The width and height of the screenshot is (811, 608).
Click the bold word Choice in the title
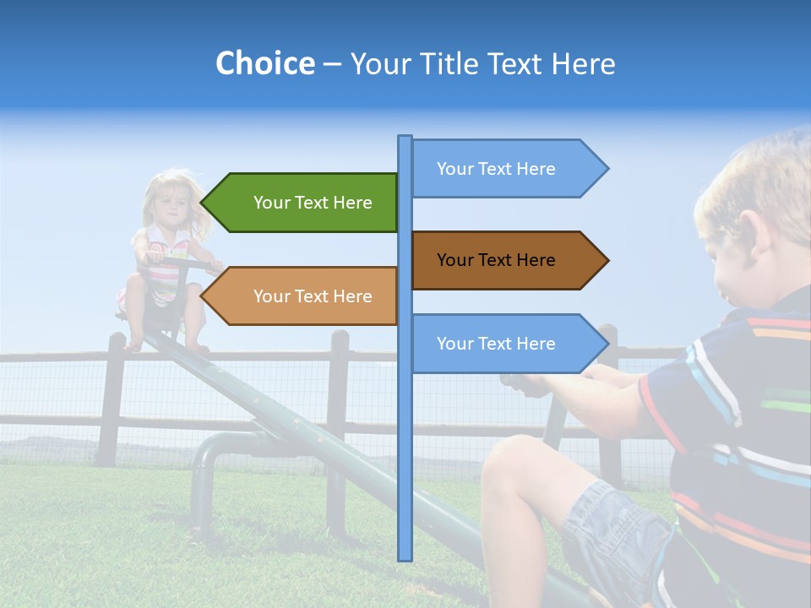[264, 63]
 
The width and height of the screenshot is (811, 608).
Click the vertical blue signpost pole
[405, 422]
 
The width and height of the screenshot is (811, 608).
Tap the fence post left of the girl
[111, 397]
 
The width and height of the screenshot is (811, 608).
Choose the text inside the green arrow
[313, 203]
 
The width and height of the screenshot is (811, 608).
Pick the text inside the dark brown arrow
[496, 260]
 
